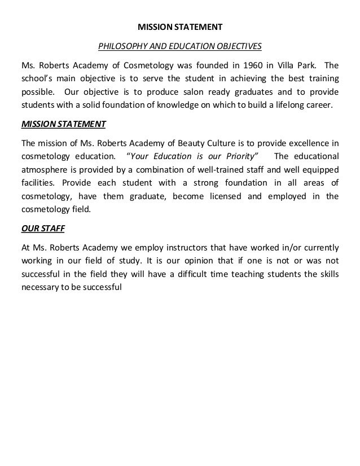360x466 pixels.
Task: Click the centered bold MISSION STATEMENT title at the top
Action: (x=179, y=26)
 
